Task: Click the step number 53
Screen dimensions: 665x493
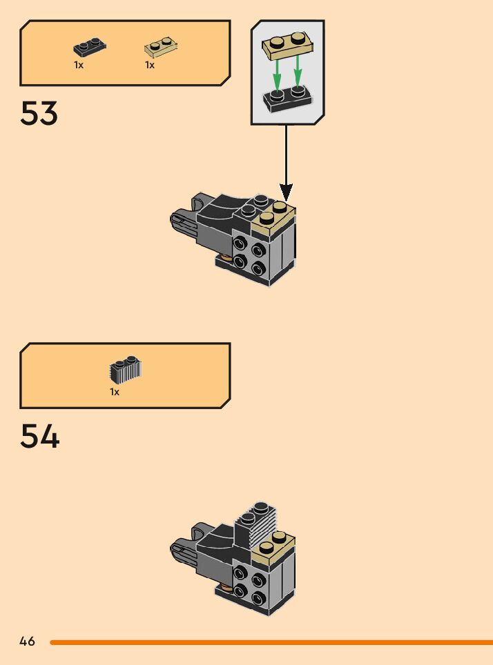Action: click(x=39, y=113)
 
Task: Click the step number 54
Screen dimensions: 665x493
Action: click(x=39, y=436)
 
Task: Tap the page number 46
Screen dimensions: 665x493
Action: click(x=27, y=642)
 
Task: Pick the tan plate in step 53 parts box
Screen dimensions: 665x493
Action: click(x=161, y=48)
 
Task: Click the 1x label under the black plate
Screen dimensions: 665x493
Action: click(x=79, y=66)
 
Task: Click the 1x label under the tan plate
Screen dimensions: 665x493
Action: click(x=150, y=66)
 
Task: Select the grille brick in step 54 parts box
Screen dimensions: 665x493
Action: click(x=125, y=370)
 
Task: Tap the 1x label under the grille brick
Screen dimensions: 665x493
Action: click(x=115, y=392)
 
